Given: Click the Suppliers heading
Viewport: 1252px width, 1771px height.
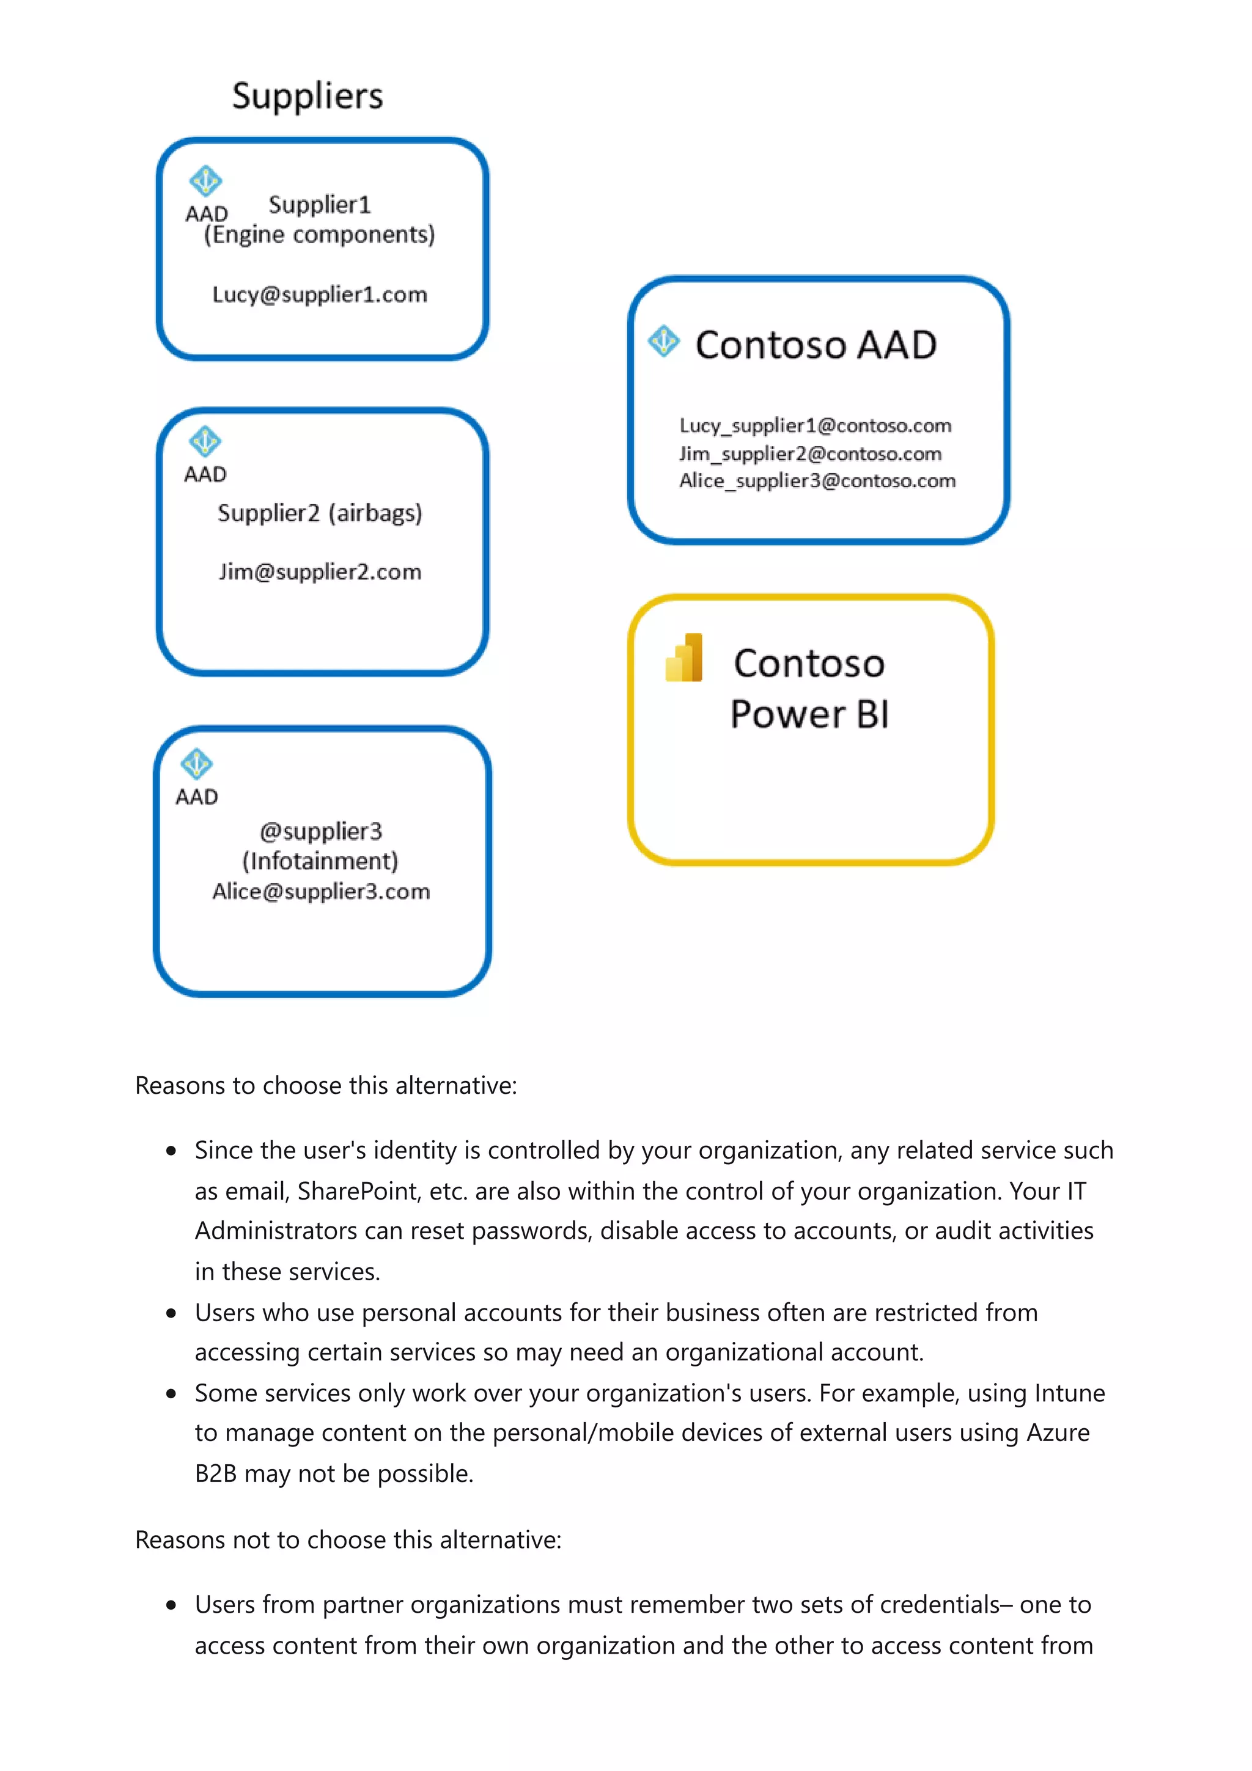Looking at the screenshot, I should [307, 97].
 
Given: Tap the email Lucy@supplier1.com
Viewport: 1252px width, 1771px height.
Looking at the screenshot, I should [319, 294].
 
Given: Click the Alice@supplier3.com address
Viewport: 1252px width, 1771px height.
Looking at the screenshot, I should [321, 891].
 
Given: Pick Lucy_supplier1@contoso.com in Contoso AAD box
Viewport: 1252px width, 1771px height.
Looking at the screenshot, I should [815, 426].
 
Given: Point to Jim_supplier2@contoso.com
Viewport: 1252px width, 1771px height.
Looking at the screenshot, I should [810, 453].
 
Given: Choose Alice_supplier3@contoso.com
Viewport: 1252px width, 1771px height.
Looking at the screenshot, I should [817, 480].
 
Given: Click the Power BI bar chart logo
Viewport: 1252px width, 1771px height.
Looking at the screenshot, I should [683, 658].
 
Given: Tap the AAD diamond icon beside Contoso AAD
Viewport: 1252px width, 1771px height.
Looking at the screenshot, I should [663, 341].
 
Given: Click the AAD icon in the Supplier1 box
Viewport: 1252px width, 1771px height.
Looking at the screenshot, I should [205, 182].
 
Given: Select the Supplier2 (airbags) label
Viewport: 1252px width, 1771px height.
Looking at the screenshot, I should [319, 513].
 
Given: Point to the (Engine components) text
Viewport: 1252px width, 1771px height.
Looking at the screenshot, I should [319, 235].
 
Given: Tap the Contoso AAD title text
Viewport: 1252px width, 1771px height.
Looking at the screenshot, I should [816, 345].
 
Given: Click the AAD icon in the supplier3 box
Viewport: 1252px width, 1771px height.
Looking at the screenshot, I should [196, 764].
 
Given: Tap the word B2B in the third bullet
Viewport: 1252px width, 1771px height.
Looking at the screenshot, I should [215, 1473].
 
